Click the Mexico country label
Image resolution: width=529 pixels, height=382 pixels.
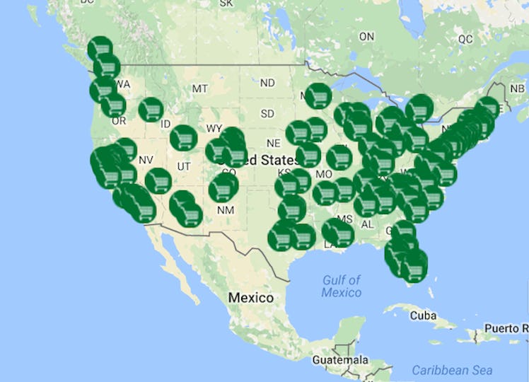pos(250,298)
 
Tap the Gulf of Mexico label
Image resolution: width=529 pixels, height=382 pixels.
pos(342,286)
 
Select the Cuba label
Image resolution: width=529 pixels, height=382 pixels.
pos(424,315)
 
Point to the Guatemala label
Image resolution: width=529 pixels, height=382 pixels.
pos(340,360)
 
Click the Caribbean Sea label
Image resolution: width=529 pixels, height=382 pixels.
pos(453,370)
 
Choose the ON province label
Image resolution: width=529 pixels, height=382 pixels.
pos(366,36)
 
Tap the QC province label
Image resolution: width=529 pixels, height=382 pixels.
pos(465,39)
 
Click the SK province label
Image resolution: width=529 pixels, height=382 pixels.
pos(226,4)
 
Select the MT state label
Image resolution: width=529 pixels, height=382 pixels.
pos(200,88)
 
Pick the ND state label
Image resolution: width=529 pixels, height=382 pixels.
pos(267,83)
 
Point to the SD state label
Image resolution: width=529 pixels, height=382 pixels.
pos(267,113)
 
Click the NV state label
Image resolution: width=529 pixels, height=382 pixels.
pos(146,160)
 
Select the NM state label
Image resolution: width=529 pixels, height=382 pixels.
pos(225,209)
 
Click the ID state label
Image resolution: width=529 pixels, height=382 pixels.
pos(165,125)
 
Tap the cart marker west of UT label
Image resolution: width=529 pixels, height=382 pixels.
pos(158,181)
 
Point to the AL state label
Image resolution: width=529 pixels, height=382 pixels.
pos(367,224)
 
